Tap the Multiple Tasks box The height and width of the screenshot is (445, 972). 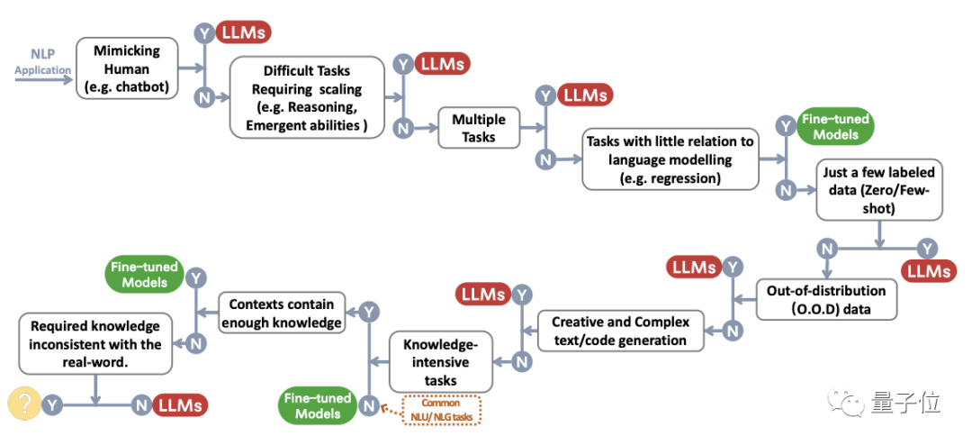[x=478, y=128]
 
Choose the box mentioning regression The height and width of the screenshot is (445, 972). [x=670, y=159]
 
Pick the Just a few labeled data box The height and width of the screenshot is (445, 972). [x=879, y=189]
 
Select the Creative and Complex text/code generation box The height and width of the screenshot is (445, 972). [x=620, y=331]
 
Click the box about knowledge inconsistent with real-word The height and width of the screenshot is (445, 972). [x=95, y=343]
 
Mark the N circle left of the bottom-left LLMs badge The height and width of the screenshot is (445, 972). [x=141, y=405]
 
